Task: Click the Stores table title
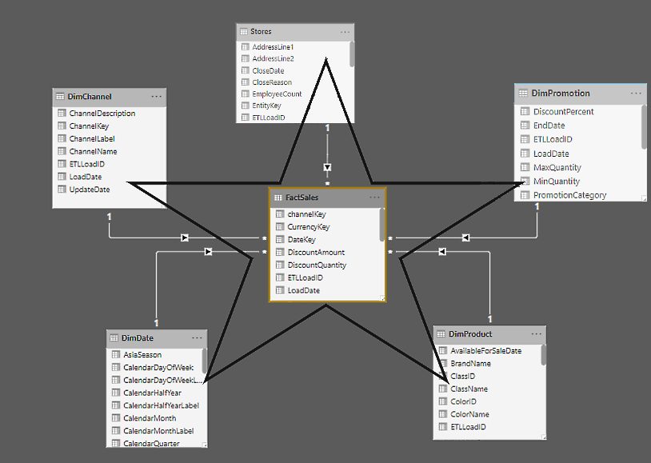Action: pyautogui.click(x=262, y=32)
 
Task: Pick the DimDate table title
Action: pyautogui.click(x=138, y=338)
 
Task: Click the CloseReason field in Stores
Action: pyautogui.click(x=272, y=82)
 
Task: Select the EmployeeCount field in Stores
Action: pyautogui.click(x=277, y=94)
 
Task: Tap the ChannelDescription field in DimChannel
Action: pyautogui.click(x=102, y=114)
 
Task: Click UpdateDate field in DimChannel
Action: pyautogui.click(x=90, y=190)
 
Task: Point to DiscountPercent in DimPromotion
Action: pyautogui.click(x=563, y=112)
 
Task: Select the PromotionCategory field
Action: pyautogui.click(x=569, y=195)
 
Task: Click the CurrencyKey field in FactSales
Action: pyautogui.click(x=308, y=227)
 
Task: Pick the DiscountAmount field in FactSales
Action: pyautogui.click(x=316, y=252)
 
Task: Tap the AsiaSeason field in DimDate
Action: pyautogui.click(x=142, y=355)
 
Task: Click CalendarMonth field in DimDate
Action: pyautogui.click(x=150, y=418)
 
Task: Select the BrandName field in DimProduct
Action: pyautogui.click(x=470, y=364)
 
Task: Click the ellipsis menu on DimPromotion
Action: pyautogui.click(x=636, y=94)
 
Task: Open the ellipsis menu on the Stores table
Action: pyautogui.click(x=345, y=32)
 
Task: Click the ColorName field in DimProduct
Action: pyautogui.click(x=469, y=414)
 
